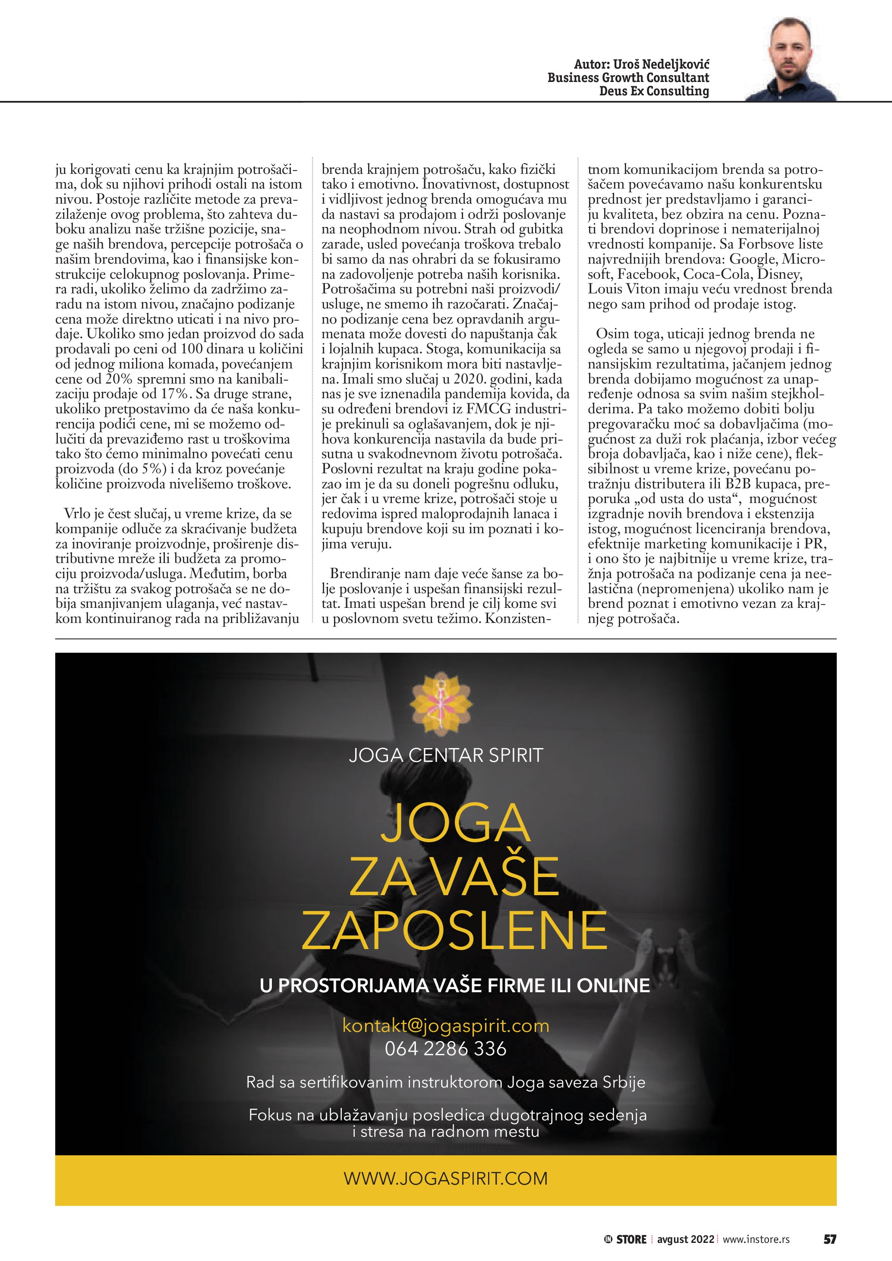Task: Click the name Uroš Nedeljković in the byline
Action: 661,64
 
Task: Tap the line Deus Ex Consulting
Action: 654,91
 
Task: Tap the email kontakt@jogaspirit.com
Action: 445,1025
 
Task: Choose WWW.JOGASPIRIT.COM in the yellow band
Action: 445,1179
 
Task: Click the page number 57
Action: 829,1239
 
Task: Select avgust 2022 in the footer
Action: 685,1239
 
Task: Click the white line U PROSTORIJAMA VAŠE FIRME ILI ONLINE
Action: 454,985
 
